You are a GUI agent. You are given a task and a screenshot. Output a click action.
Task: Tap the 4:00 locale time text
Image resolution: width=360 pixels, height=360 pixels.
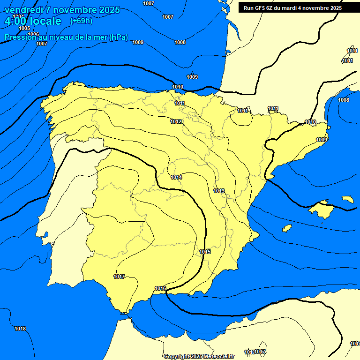pyautogui.click(x=32, y=21)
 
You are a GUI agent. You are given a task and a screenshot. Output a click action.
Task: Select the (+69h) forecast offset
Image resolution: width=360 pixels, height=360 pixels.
pyautogui.click(x=81, y=21)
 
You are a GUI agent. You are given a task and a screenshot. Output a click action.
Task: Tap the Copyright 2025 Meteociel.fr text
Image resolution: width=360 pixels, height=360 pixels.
pyautogui.click(x=199, y=357)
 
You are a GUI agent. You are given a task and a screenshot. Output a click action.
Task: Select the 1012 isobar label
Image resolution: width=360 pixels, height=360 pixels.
pyautogui.click(x=176, y=121)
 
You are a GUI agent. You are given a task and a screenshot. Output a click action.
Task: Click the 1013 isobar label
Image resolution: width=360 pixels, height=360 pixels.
pyautogui.click(x=219, y=191)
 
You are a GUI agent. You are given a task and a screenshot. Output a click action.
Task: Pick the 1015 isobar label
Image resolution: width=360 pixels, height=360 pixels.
pyautogui.click(x=205, y=252)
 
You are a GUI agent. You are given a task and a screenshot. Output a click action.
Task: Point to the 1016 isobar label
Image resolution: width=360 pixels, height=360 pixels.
pyautogui.click(x=160, y=288)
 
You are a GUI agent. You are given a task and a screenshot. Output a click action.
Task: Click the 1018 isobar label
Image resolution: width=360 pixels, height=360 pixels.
pyautogui.click(x=20, y=329)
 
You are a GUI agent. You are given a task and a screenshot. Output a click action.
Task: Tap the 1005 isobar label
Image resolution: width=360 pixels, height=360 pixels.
pyautogui.click(x=24, y=29)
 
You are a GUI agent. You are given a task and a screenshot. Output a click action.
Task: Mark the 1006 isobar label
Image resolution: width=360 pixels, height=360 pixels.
pyautogui.click(x=33, y=34)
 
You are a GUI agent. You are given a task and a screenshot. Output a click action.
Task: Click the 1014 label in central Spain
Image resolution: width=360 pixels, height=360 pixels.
pyautogui.click(x=176, y=177)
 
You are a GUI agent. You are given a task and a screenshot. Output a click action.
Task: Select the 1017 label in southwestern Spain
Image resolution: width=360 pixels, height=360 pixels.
pyautogui.click(x=119, y=277)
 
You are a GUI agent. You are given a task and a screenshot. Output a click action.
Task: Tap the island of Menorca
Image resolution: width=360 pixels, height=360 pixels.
pyautogui.click(x=348, y=199)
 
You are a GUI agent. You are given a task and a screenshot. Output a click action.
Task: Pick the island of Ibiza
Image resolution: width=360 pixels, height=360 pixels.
pyautogui.click(x=287, y=228)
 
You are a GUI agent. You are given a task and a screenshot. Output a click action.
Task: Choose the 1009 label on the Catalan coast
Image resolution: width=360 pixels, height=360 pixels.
pyautogui.click(x=322, y=140)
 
